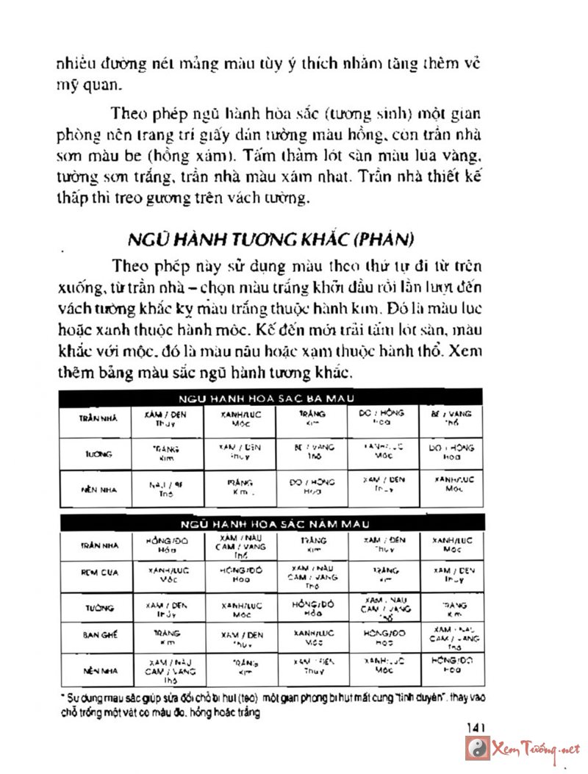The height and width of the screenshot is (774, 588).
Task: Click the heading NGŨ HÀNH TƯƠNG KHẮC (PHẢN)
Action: click(x=271, y=239)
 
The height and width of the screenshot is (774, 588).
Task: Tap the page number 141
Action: click(x=477, y=726)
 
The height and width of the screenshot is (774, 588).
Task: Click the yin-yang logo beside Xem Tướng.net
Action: click(x=478, y=749)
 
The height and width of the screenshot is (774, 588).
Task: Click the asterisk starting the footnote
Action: click(x=63, y=695)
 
